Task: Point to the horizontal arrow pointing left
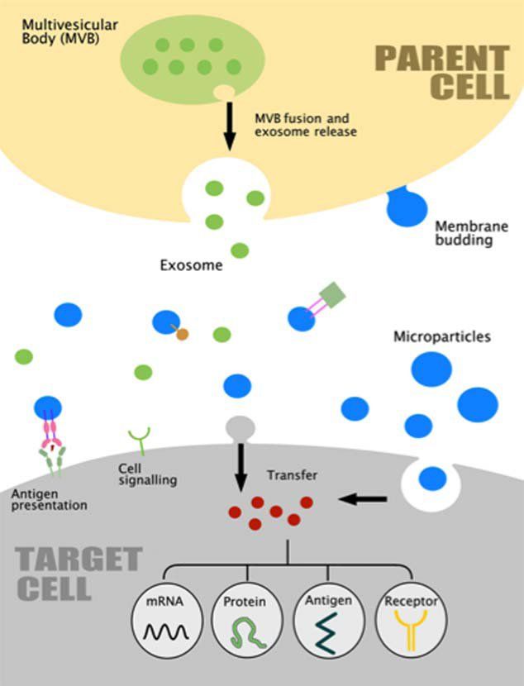tap(364, 498)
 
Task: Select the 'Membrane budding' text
tap(464, 232)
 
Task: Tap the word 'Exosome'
tap(187, 266)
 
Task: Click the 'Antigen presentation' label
tap(50, 498)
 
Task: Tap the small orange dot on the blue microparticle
tap(183, 334)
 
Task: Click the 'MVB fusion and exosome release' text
tap(304, 125)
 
